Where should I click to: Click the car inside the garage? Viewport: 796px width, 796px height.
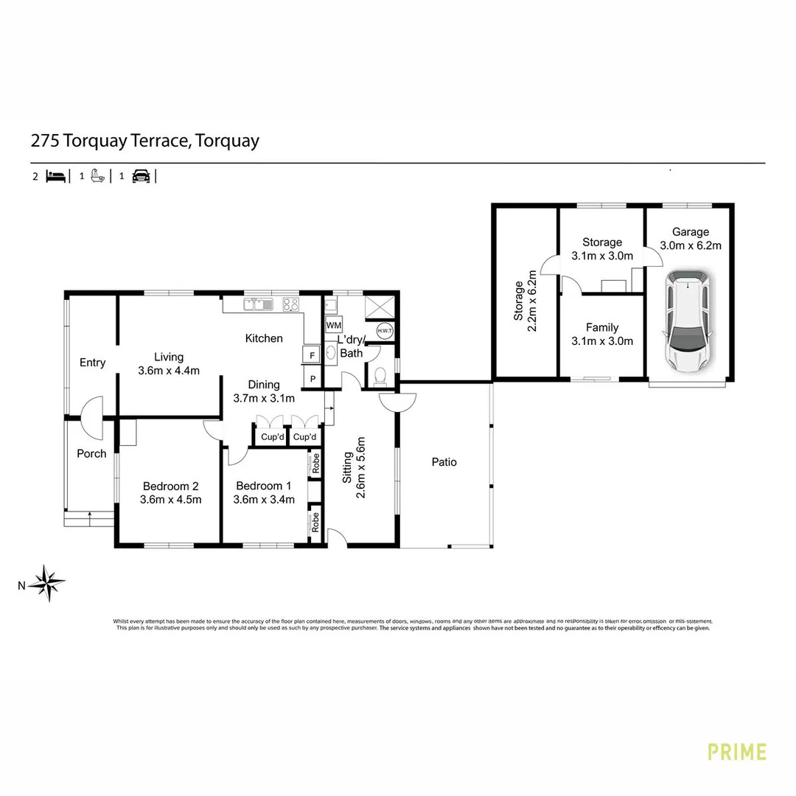pos(689,321)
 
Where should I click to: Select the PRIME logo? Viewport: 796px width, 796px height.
pos(736,752)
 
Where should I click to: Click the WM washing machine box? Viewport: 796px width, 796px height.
pos(333,325)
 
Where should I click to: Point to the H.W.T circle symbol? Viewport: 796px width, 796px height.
pos(385,331)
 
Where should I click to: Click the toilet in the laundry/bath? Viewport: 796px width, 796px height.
pos(380,377)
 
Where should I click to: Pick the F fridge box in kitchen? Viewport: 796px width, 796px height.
pos(312,355)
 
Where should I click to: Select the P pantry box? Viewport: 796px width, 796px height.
pos(313,379)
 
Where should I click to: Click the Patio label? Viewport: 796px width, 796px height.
pos(444,462)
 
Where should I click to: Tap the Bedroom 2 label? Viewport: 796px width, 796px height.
pos(170,486)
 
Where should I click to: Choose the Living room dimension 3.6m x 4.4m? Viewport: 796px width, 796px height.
pos(169,371)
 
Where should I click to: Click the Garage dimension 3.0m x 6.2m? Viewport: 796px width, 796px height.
pos(690,245)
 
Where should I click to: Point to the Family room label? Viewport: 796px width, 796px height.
pos(602,327)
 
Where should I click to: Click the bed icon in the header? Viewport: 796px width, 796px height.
pos(56,176)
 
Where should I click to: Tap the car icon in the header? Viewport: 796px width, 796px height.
pos(141,176)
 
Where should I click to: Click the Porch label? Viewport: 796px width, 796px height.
pos(91,453)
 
